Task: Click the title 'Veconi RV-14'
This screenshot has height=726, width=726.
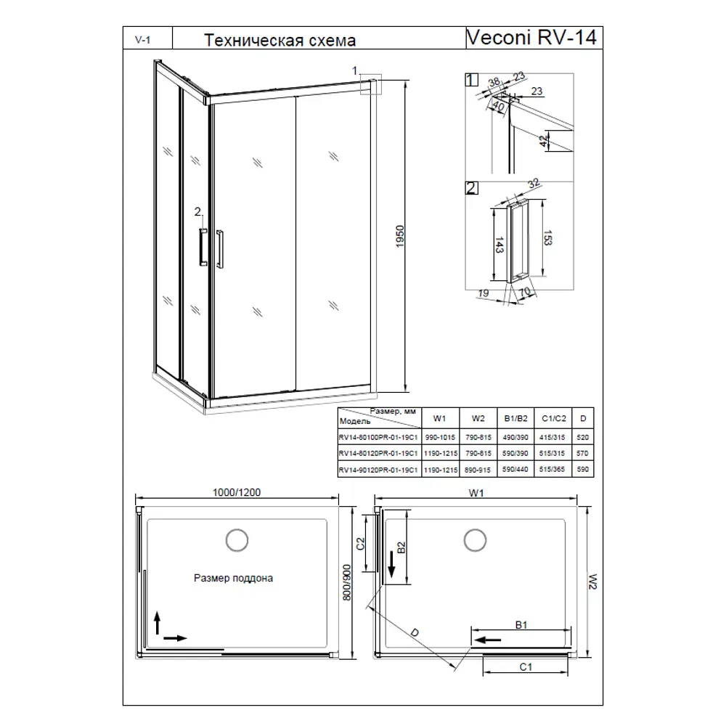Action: (x=531, y=38)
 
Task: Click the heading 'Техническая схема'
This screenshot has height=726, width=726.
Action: (x=280, y=41)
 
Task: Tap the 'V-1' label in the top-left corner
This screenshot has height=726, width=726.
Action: (x=142, y=39)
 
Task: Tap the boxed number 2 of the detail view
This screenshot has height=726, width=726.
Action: (x=471, y=189)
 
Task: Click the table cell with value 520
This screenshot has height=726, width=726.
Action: (x=582, y=438)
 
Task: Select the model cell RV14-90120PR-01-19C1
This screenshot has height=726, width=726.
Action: (x=377, y=470)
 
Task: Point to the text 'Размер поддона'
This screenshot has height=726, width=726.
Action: (x=233, y=579)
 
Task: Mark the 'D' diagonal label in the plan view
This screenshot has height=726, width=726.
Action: (x=415, y=633)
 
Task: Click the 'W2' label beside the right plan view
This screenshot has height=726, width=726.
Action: (x=592, y=580)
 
